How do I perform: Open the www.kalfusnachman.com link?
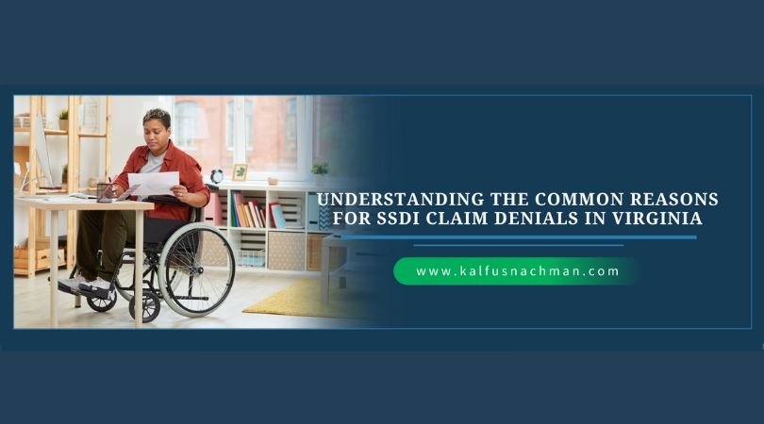(x=518, y=271)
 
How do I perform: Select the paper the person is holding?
(x=152, y=184)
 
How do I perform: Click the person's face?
(x=158, y=130)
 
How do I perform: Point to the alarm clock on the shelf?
(x=216, y=176)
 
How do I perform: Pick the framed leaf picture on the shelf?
(x=240, y=172)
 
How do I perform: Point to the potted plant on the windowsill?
(x=320, y=169)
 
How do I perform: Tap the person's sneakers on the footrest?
(x=81, y=285)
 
